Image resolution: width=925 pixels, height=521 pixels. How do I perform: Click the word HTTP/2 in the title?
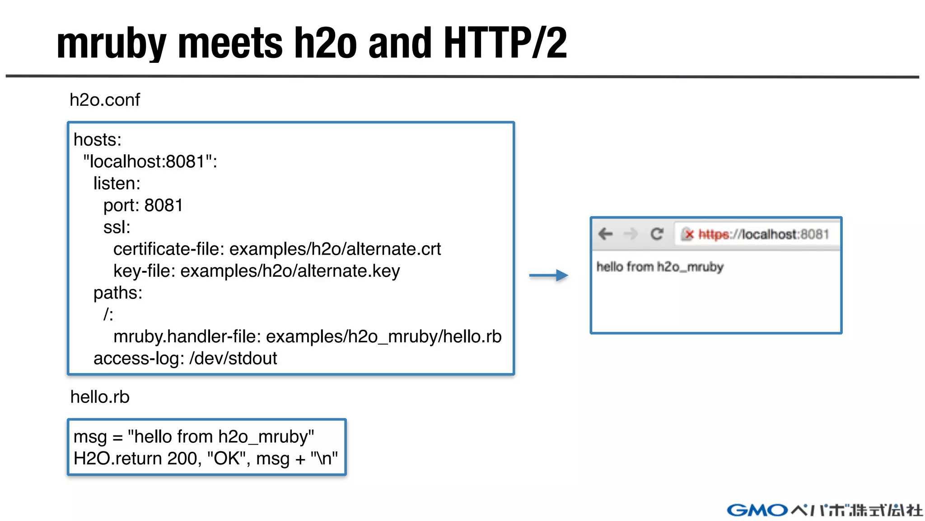coord(505,43)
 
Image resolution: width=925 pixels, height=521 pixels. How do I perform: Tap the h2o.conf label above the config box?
coord(105,100)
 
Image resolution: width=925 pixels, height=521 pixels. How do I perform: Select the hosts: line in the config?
coord(98,140)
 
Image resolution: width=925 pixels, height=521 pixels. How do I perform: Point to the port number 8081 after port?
coord(164,205)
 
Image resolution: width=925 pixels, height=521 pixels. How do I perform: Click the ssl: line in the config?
coord(117,227)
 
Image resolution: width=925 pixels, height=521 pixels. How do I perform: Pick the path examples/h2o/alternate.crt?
coord(335,249)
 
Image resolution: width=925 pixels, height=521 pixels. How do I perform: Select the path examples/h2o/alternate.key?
coord(290,271)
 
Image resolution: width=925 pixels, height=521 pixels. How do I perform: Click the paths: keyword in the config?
coord(118,293)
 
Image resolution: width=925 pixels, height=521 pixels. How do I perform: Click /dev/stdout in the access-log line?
coord(233,358)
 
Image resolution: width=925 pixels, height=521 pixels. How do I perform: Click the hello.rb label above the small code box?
coord(100,397)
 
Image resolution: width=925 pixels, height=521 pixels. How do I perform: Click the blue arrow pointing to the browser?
coord(549,275)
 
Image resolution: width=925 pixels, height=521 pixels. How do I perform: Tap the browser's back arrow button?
coord(605,234)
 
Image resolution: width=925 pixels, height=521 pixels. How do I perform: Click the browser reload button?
coord(657,234)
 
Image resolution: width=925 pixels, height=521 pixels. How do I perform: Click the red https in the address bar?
coord(714,234)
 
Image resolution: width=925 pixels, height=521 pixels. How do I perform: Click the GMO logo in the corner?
coord(757,510)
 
